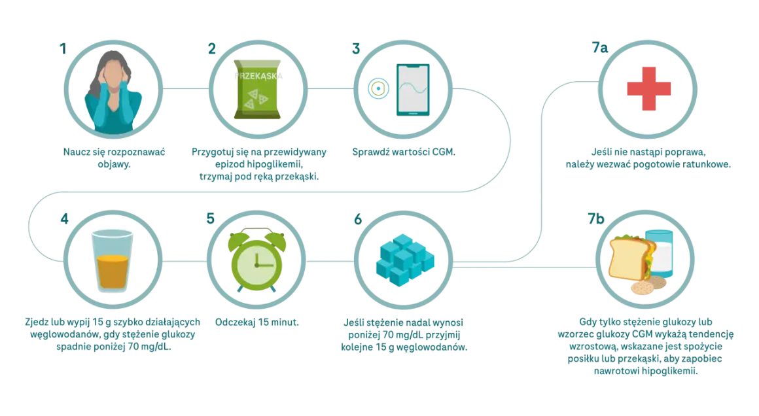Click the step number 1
pyautogui.click(x=63, y=49)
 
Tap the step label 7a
pyautogui.click(x=600, y=47)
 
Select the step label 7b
pyautogui.click(x=596, y=218)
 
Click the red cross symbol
pyautogui.click(x=648, y=88)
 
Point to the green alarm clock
pyautogui.click(x=257, y=260)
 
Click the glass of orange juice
pyautogui.click(x=113, y=261)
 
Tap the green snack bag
pyautogui.click(x=258, y=90)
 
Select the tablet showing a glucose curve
pyautogui.click(x=413, y=90)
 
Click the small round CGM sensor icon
pyautogui.click(x=378, y=88)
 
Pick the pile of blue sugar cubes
pyautogui.click(x=404, y=260)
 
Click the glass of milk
pyautogui.click(x=660, y=254)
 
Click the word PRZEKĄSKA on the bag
pyautogui.click(x=258, y=76)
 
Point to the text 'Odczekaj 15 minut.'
pyautogui.click(x=257, y=322)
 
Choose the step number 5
pyautogui.click(x=210, y=218)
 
